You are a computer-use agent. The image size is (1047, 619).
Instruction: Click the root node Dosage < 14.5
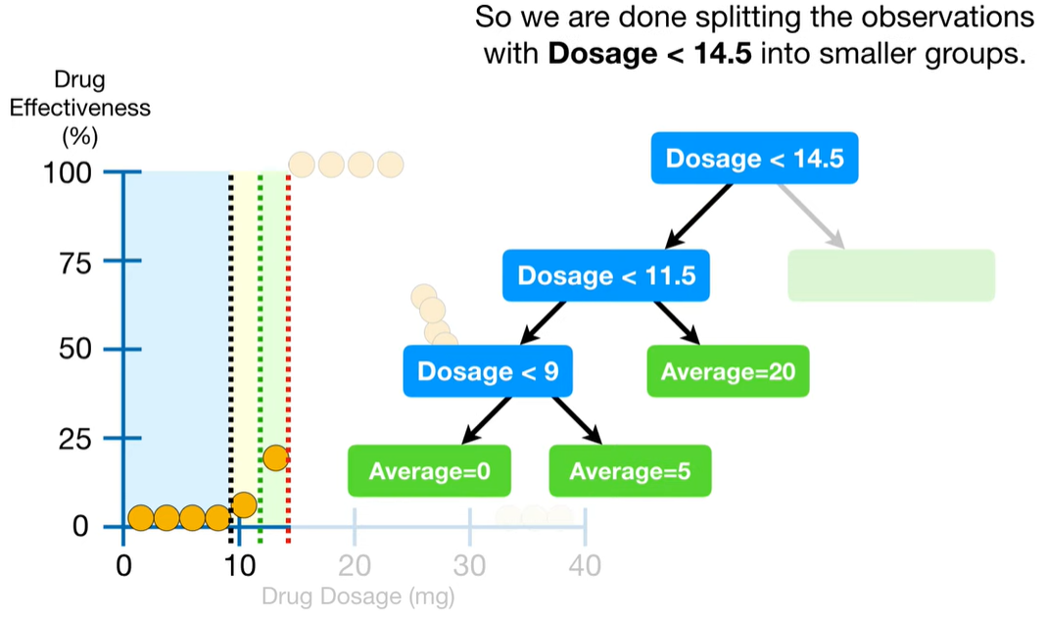[x=754, y=159]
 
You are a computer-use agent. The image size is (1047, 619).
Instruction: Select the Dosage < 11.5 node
[x=606, y=275]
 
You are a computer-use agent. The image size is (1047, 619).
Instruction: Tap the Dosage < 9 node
[x=488, y=371]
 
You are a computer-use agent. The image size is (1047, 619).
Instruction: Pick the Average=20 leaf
[x=728, y=371]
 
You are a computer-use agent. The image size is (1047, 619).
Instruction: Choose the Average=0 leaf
[x=429, y=471]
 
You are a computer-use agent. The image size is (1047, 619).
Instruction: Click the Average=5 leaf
[x=631, y=471]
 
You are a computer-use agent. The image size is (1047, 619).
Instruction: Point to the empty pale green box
[x=891, y=275]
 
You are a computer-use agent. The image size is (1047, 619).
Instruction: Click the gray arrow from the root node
[x=811, y=216]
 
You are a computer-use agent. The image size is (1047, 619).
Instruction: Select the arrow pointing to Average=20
[x=677, y=323]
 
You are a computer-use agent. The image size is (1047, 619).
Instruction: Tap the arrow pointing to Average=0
[x=486, y=421]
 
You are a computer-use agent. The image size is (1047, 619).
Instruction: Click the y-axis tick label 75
[x=74, y=263]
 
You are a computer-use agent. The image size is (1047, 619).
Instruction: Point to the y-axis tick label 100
[x=68, y=173]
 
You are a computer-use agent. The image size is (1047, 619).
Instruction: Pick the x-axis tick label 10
[x=239, y=566]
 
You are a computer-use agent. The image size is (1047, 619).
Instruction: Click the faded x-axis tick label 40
[x=585, y=566]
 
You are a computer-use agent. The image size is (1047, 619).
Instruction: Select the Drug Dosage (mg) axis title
[x=357, y=595]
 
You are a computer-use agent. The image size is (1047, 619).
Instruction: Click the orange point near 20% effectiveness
[x=275, y=458]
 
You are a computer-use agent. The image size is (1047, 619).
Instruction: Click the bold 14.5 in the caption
[x=723, y=54]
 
